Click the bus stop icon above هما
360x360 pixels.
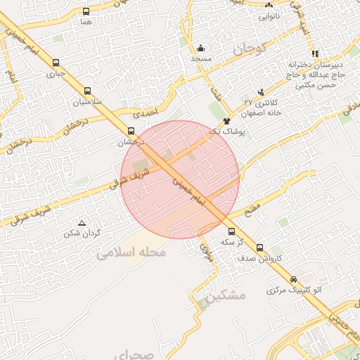[86, 12]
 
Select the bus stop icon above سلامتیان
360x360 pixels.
[87, 91]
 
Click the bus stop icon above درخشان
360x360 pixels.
[130, 131]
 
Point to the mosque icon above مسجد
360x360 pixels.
[201, 49]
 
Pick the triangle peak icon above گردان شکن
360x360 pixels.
[82, 223]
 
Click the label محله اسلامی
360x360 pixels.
[134, 252]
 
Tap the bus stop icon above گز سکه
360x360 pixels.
[231, 231]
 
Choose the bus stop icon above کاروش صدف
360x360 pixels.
[260, 247]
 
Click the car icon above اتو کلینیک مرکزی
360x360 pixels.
[294, 280]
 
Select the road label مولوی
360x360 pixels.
[205, 250]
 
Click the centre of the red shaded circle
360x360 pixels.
[180, 179]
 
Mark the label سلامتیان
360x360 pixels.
[87, 103]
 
